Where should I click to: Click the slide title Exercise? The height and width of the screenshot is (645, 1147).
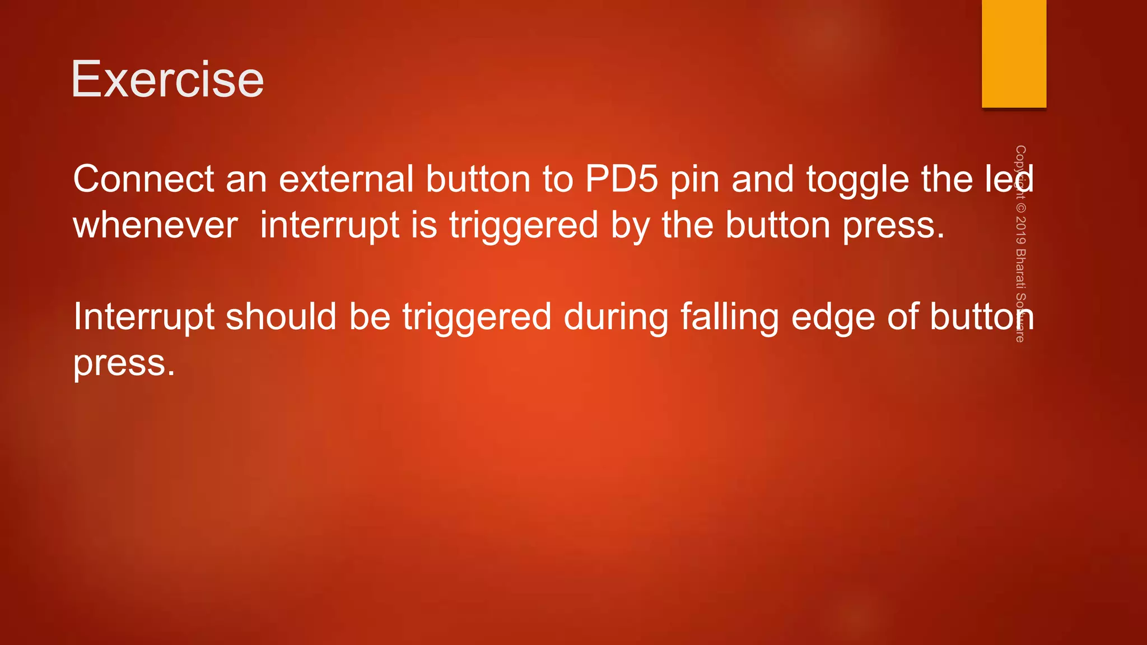(167, 80)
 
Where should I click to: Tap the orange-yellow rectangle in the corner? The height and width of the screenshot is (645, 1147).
(1014, 54)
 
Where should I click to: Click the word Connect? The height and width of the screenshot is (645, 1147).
(143, 179)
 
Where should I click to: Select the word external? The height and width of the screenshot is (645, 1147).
(346, 179)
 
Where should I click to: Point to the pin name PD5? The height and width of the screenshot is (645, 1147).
(621, 179)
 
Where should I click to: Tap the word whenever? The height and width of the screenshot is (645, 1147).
(156, 226)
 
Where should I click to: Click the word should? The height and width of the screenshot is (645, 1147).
(281, 317)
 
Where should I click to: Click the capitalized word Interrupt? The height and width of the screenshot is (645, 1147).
(143, 317)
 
